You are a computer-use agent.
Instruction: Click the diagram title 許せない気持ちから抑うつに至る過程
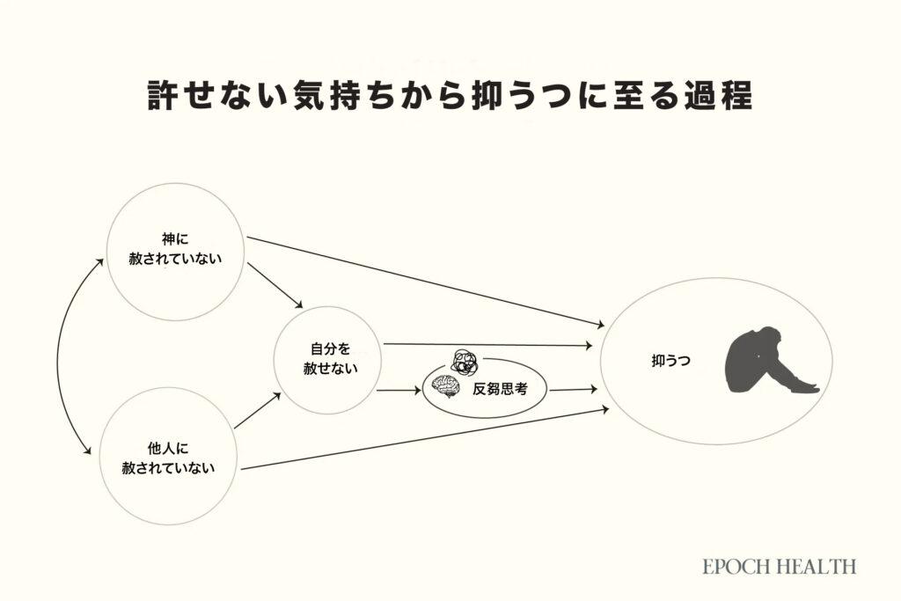(x=449, y=95)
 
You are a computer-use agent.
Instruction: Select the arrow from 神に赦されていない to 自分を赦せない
(x=276, y=284)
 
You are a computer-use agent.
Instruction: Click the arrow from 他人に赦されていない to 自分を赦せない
(x=257, y=412)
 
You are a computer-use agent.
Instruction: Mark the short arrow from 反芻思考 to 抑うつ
(x=573, y=388)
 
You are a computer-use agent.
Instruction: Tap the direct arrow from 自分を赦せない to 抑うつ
(x=487, y=345)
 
